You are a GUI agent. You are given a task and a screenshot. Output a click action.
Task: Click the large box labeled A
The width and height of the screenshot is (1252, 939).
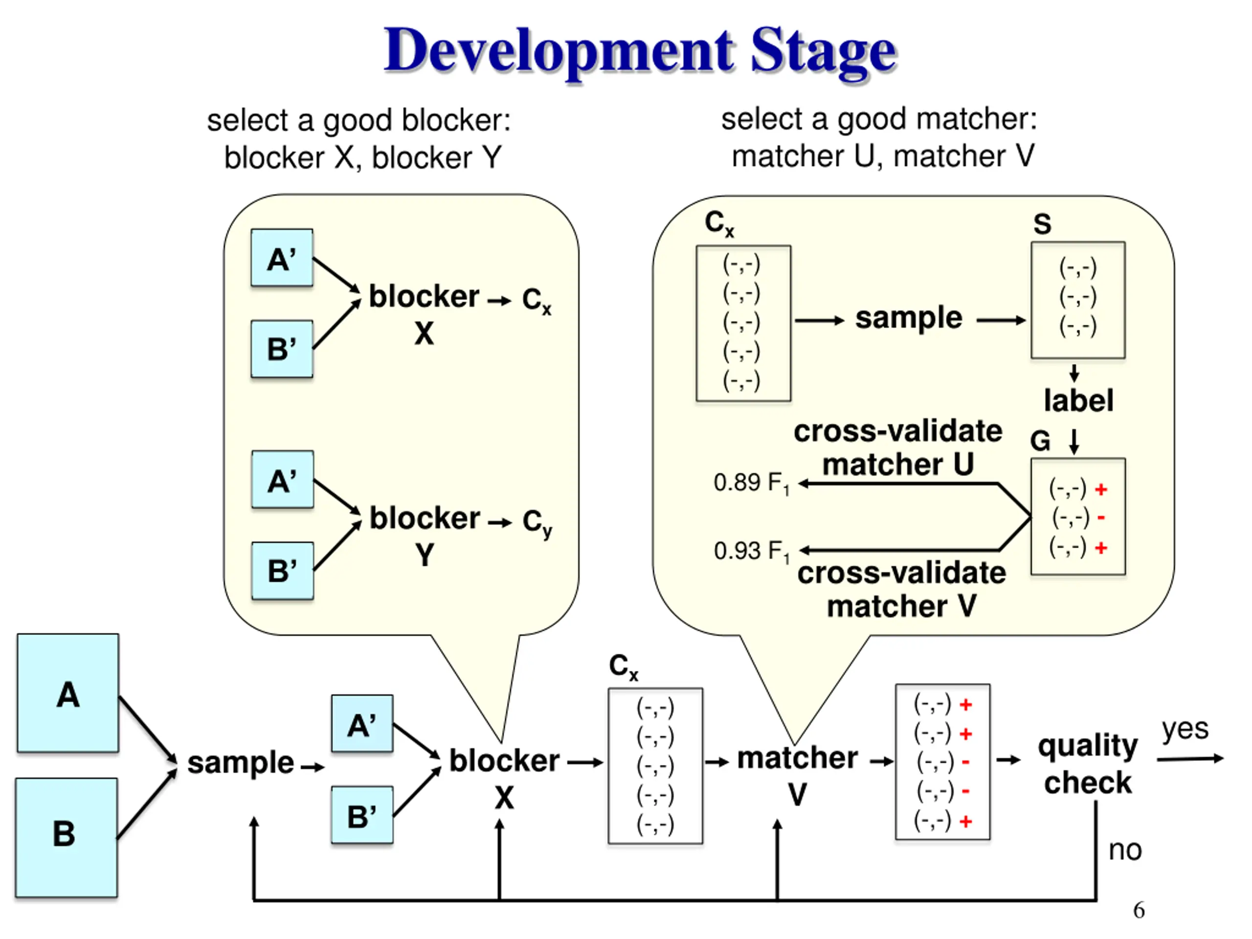click(x=68, y=693)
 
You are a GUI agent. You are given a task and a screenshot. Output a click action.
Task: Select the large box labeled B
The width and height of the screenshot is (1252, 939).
click(x=66, y=838)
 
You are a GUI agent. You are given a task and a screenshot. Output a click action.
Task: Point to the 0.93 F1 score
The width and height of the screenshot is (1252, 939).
click(x=751, y=552)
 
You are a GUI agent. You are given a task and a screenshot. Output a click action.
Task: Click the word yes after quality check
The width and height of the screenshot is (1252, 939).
click(x=1185, y=730)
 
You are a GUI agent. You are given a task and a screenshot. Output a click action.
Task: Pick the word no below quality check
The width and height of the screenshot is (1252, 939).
click(x=1125, y=850)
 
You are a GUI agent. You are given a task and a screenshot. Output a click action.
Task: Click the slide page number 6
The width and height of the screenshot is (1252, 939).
click(x=1139, y=910)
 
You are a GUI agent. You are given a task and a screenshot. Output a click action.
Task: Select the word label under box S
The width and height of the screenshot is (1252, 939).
click(x=1078, y=400)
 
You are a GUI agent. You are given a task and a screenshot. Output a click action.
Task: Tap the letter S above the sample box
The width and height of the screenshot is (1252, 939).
click(x=1042, y=224)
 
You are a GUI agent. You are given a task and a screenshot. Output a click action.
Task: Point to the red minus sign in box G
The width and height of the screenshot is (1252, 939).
click(x=1101, y=517)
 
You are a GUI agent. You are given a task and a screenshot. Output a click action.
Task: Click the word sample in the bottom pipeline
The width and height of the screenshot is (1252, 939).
click(x=241, y=763)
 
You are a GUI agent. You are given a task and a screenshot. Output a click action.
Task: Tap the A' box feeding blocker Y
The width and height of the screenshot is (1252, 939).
click(x=283, y=479)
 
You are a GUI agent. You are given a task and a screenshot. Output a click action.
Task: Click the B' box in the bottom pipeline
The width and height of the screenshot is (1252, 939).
click(x=362, y=816)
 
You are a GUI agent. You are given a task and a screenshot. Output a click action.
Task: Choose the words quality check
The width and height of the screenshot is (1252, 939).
click(x=1087, y=764)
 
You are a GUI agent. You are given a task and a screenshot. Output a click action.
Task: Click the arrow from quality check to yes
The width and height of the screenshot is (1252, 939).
click(x=1190, y=759)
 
